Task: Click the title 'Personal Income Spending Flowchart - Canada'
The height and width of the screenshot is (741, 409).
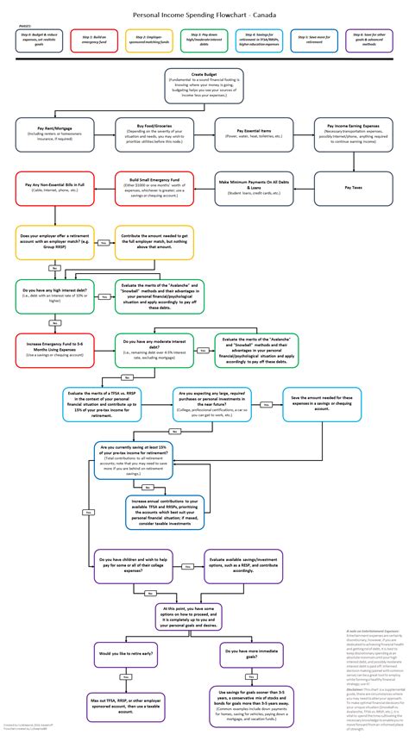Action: pyautogui.click(x=204, y=15)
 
